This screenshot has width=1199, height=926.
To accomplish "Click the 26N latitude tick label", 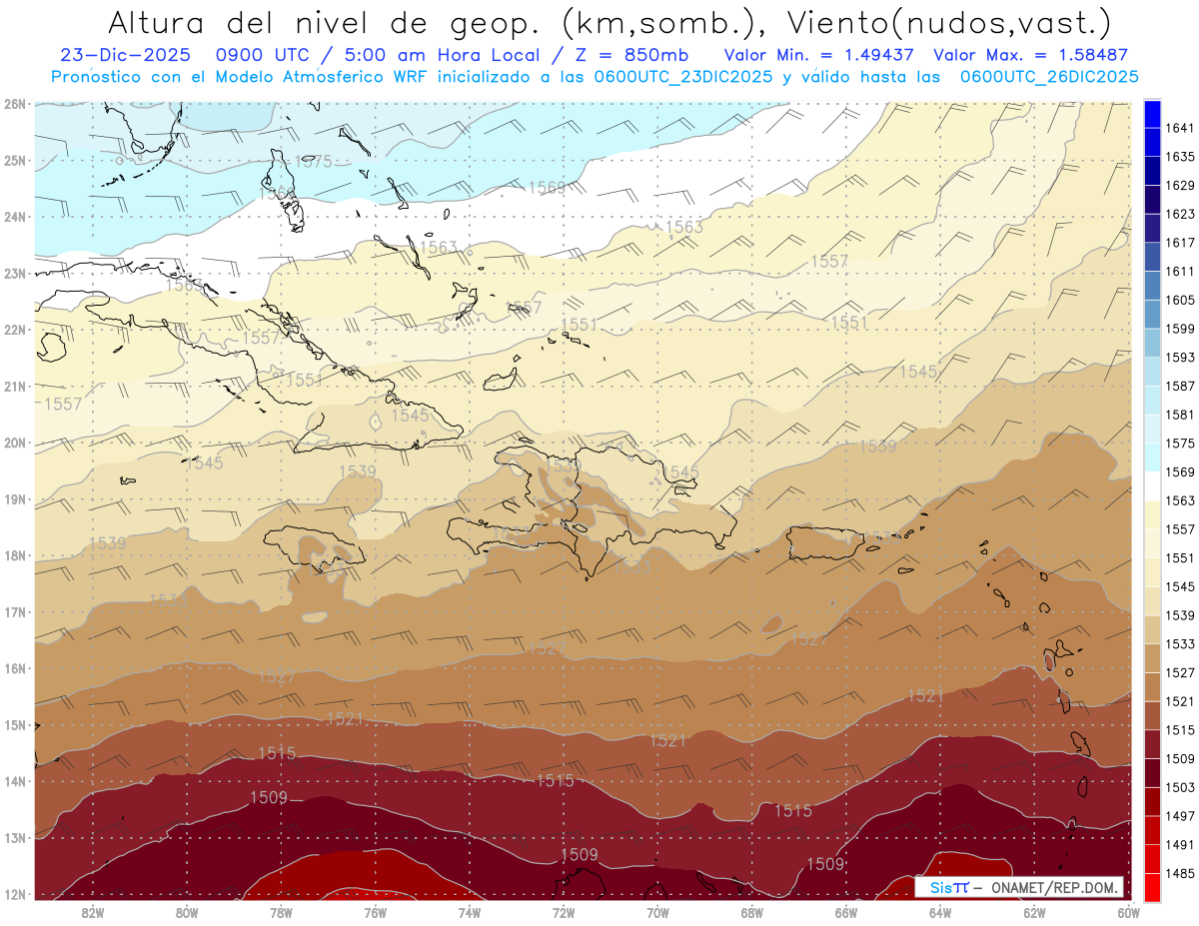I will [x=14, y=103].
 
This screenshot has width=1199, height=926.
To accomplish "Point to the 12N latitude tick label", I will [x=14, y=894].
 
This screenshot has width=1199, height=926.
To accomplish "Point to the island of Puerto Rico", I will [x=825, y=542].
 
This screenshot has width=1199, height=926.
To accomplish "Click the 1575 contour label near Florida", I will [x=314, y=162].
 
